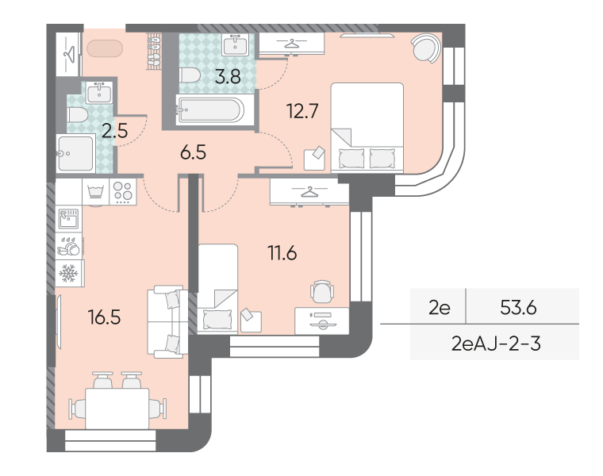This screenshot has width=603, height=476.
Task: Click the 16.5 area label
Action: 104,317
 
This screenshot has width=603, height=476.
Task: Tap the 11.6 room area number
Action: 282,253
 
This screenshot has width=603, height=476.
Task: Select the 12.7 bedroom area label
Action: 302,111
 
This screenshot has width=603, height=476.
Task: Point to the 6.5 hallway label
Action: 193,152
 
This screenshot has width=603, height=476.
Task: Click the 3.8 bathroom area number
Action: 228,76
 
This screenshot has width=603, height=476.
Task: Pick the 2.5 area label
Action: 114,131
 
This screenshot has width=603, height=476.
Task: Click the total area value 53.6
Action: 518,307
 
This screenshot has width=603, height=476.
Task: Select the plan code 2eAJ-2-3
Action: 496,344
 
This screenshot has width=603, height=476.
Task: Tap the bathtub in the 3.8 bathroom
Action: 210,110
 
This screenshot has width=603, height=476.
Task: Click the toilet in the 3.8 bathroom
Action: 189,75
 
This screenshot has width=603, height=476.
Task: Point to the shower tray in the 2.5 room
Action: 75,153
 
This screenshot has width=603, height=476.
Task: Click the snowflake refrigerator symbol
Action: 68,274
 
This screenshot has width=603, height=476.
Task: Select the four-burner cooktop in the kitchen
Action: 123,192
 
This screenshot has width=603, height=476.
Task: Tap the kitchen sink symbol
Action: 68,219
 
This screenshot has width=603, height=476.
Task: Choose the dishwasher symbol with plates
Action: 69,247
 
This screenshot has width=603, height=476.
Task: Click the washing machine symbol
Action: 96,192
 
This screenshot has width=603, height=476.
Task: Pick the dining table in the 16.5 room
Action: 117,409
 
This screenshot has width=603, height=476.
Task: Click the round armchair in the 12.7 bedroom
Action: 426,48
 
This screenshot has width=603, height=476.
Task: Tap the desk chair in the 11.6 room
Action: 322,292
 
